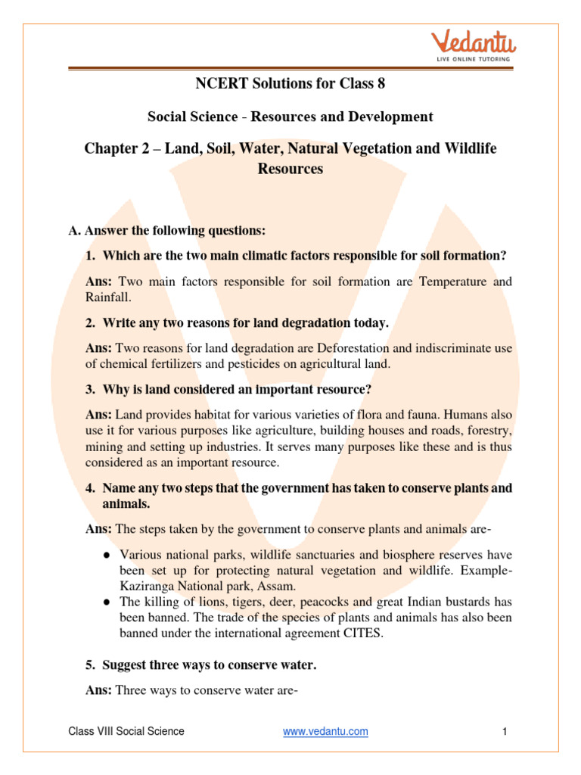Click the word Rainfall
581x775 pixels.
[x=107, y=297]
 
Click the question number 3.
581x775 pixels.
[x=89, y=390]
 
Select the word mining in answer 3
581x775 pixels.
[x=106, y=447]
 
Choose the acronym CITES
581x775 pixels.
[x=360, y=633]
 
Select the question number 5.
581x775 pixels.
[x=89, y=665]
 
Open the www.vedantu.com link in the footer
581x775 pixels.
[x=325, y=731]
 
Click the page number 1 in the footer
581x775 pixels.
[x=503, y=731]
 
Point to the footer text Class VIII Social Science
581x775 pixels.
[x=126, y=731]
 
